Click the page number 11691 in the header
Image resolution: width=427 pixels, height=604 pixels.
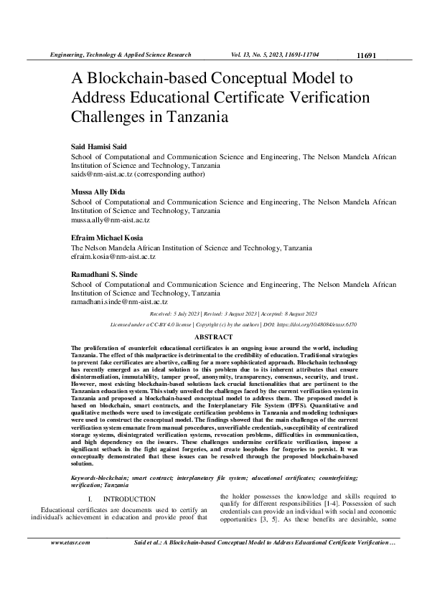coord(366,55)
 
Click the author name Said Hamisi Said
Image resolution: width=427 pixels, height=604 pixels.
coord(98,147)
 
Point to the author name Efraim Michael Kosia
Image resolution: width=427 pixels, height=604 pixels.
coord(106,237)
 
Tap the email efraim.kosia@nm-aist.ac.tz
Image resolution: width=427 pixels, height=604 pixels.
coord(113,256)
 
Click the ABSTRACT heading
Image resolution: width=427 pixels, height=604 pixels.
coord(213,336)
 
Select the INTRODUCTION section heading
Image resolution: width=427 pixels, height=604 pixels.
coord(129,499)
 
